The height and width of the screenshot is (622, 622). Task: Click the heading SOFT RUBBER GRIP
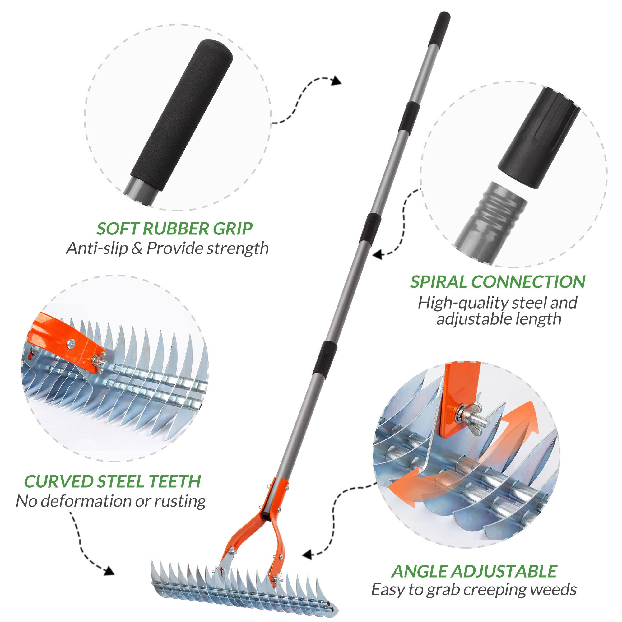(174, 229)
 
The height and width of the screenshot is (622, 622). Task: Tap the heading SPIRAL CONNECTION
(497, 282)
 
